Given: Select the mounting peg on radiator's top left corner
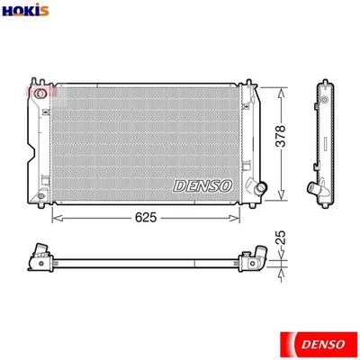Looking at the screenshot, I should coord(33,80).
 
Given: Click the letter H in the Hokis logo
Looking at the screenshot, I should coord(8,11).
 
